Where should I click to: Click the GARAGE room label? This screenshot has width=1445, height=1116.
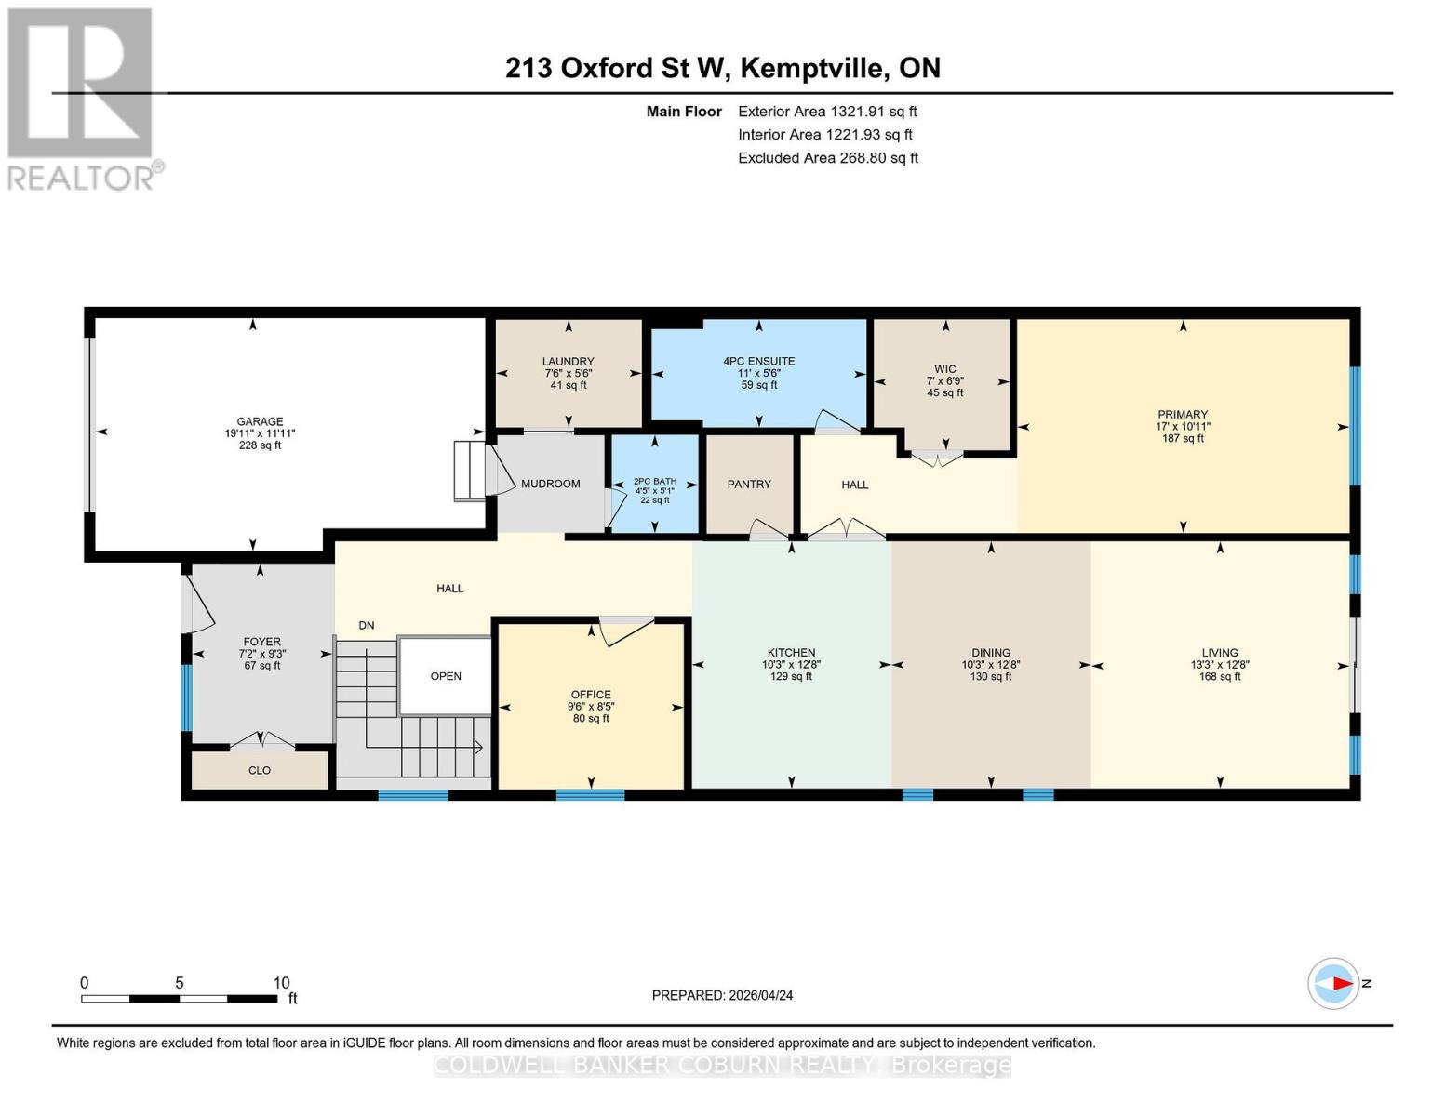[x=260, y=421]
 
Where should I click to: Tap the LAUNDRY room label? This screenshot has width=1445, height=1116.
[x=568, y=362]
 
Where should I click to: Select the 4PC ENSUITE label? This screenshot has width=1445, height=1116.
[x=758, y=361]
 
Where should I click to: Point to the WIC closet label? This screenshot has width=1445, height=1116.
[x=944, y=369]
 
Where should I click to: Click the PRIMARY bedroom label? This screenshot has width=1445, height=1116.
[x=1182, y=415]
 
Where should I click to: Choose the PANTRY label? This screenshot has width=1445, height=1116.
[x=749, y=485]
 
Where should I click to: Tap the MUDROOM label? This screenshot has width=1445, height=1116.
[x=550, y=484]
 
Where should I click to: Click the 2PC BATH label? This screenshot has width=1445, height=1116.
[x=654, y=482]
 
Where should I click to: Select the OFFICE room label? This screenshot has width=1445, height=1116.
[x=591, y=695]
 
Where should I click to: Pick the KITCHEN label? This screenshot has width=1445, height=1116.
[x=791, y=653]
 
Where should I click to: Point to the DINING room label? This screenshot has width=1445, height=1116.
[x=990, y=653]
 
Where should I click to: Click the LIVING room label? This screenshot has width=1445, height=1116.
[x=1219, y=653]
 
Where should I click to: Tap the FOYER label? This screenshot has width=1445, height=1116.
[x=261, y=642]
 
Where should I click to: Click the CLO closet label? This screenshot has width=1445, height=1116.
[x=260, y=770]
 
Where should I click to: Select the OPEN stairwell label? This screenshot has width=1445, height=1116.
[x=446, y=676]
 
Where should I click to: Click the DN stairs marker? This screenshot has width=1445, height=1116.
[x=367, y=626]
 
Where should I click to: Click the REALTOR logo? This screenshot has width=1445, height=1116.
[x=81, y=98]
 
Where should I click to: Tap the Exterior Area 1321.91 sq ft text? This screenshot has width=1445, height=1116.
[x=827, y=112]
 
